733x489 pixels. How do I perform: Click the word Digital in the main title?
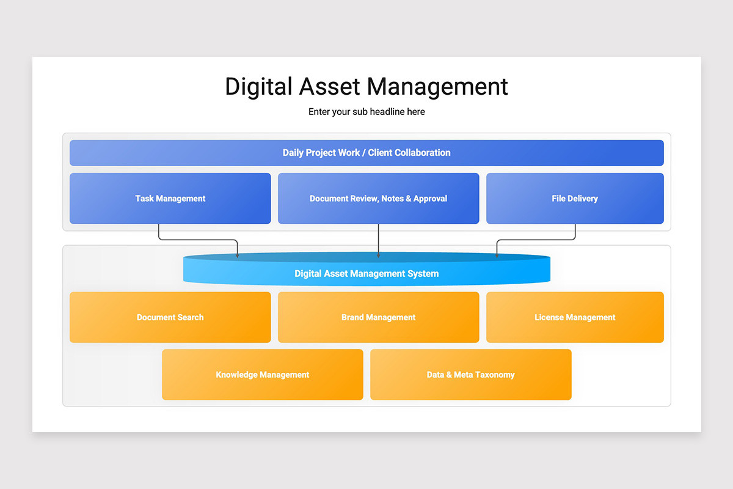coord(258,87)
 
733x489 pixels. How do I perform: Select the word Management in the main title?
coord(437,87)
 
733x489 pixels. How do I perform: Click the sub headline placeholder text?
coord(366,112)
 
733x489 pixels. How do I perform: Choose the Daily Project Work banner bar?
coord(366,153)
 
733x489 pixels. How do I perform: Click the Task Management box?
coord(170,199)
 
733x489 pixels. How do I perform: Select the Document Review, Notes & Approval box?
coord(378,199)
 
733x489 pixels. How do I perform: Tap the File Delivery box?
coord(574,199)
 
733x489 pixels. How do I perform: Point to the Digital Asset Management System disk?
coord(366,273)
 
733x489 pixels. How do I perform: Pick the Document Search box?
coord(170,317)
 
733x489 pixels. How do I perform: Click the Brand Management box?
coord(378,317)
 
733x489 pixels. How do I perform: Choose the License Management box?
coord(574,317)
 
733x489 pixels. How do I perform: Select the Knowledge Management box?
coord(262,375)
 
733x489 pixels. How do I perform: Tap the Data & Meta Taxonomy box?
coord(470,375)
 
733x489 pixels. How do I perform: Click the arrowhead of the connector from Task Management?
coord(238,255)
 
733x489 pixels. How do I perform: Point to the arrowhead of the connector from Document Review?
coord(379,255)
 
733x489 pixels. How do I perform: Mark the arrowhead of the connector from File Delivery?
coord(497,255)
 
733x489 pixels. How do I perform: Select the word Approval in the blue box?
coord(430,199)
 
